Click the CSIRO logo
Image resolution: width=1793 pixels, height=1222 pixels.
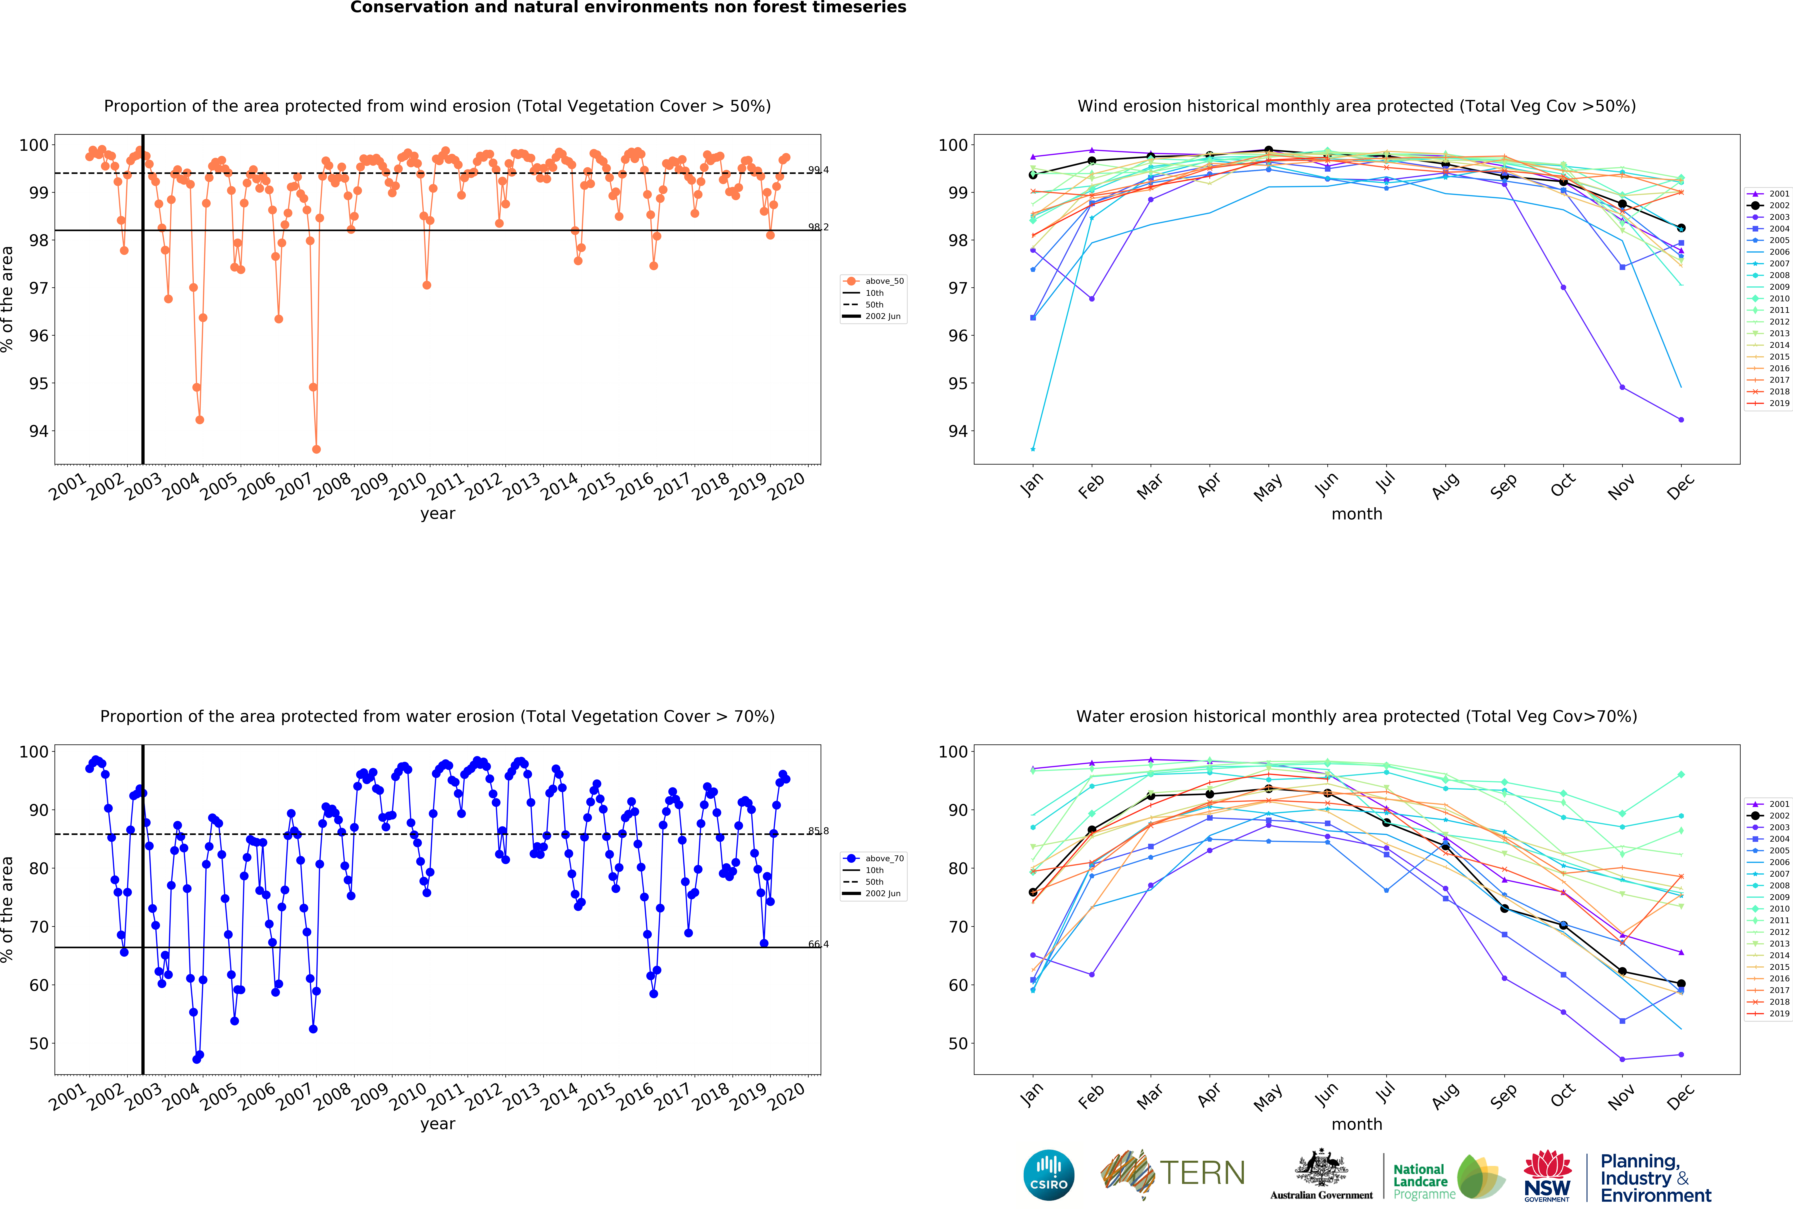pyautogui.click(x=1048, y=1175)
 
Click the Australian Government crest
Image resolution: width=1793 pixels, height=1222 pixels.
pyautogui.click(x=1321, y=1169)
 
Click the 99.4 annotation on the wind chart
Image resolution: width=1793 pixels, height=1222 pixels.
pyautogui.click(x=818, y=170)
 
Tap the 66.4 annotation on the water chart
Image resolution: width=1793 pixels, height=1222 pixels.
pyautogui.click(x=818, y=943)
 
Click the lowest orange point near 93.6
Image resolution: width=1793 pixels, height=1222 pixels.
pyautogui.click(x=316, y=449)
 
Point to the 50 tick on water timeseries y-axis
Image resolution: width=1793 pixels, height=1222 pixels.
pyautogui.click(x=39, y=1043)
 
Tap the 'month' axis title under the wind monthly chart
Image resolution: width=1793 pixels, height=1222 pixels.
pyautogui.click(x=1356, y=514)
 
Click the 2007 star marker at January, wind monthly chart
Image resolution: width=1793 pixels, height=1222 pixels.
pyautogui.click(x=1033, y=449)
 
